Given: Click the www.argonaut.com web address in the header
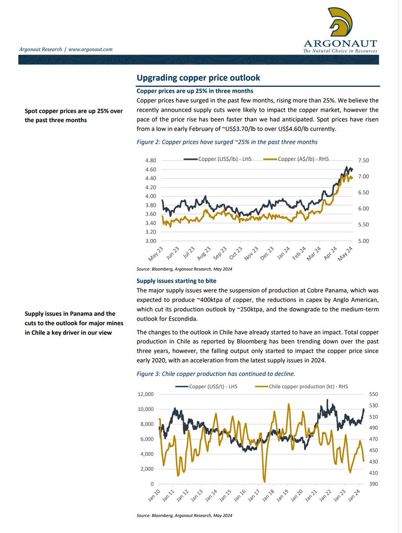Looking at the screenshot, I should click(90, 49).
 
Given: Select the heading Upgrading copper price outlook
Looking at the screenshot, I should click(198, 78).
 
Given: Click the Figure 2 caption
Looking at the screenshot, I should click(227, 142).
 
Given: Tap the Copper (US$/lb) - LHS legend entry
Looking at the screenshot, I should click(218, 159).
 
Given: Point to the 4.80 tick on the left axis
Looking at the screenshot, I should click(151, 160).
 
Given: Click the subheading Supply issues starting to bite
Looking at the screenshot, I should click(177, 281).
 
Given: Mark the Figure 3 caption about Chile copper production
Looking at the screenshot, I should click(216, 374).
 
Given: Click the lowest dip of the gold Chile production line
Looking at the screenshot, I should click(265, 481).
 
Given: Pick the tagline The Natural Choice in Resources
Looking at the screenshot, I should click(340, 51).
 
